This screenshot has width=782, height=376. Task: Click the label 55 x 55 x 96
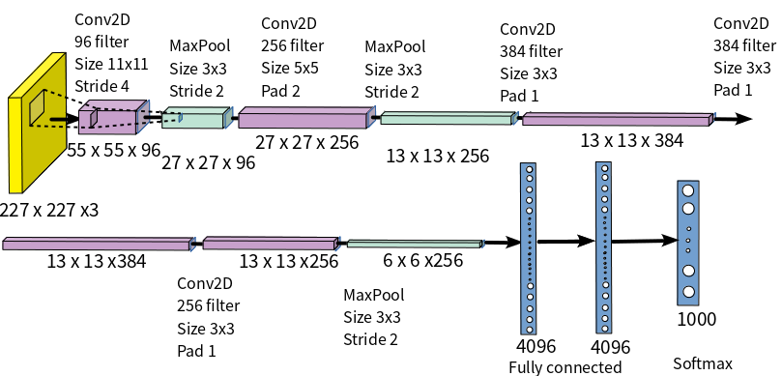114,150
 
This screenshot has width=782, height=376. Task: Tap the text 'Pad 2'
280,90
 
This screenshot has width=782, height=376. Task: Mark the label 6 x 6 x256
423,261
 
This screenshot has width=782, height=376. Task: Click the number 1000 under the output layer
696,320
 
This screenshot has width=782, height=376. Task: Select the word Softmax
703,363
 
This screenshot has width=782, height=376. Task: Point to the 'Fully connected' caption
565,367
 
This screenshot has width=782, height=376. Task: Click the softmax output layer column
688,242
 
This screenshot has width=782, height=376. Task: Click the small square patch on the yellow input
37,111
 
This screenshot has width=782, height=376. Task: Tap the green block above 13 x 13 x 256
446,118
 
